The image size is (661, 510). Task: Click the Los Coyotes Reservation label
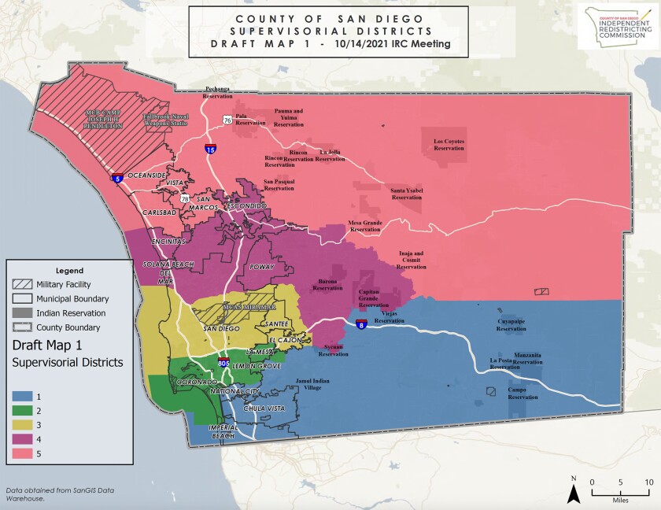tap(449, 145)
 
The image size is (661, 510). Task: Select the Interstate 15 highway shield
tap(210, 149)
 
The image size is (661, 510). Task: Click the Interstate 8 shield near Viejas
tap(360, 324)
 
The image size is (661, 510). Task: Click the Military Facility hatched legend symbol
tap(24, 284)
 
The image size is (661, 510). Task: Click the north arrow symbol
tap(574, 490)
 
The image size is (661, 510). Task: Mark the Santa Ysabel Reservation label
tap(407, 194)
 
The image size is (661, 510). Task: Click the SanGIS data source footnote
tap(60, 493)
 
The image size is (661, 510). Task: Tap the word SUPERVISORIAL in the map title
tap(328, 31)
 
